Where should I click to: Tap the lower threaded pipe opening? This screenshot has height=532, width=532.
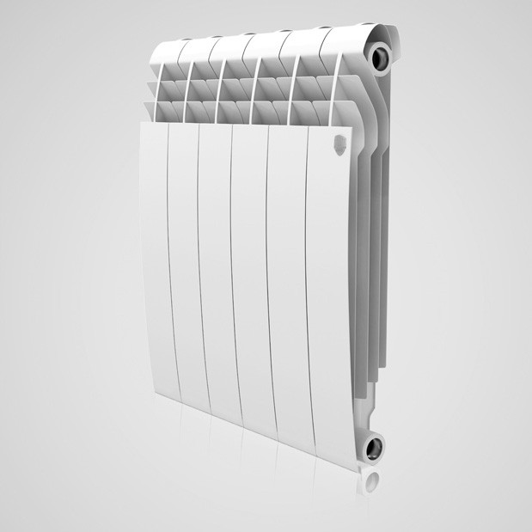click(x=375, y=447)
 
